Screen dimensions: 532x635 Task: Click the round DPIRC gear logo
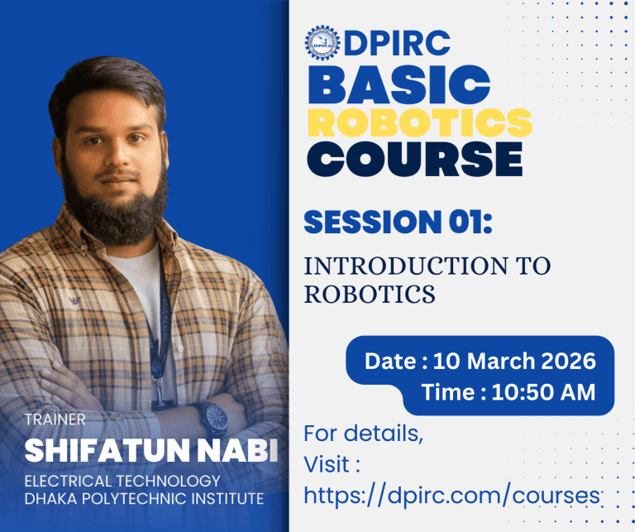click(322, 42)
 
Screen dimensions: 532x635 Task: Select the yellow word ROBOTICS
click(419, 122)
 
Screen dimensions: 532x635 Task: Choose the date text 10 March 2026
click(526, 362)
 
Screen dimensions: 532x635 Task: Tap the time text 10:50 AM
click(543, 391)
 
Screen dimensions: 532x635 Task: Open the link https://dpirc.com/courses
click(451, 495)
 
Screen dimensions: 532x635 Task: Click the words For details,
click(363, 434)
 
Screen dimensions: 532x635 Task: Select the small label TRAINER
click(55, 419)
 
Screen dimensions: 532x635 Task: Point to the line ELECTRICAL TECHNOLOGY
click(122, 481)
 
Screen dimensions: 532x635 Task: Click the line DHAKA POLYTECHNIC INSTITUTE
click(144, 498)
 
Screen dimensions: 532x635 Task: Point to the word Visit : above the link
click(332, 464)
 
